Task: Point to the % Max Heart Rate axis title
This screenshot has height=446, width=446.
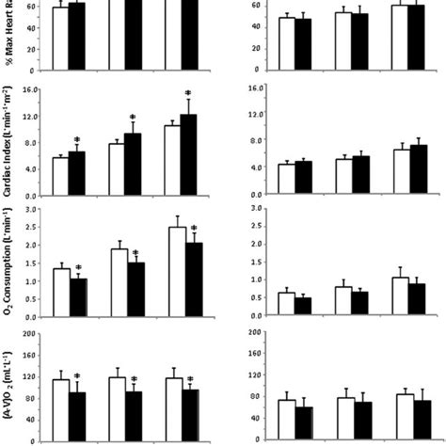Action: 8,34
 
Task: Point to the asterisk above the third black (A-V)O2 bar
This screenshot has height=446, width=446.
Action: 190,378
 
